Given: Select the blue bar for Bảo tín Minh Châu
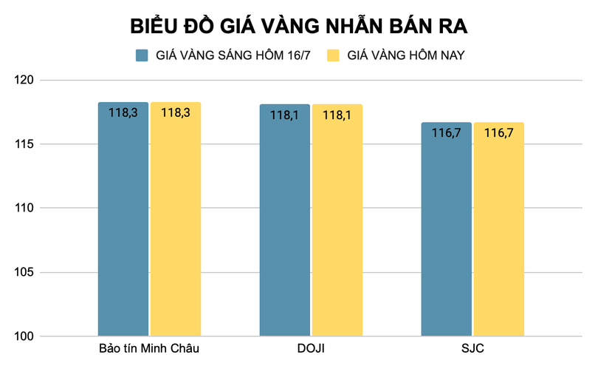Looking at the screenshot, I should pos(123,222).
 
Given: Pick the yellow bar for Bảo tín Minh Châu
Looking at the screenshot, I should pos(176,222).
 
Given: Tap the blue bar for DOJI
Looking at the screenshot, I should pos(285,222).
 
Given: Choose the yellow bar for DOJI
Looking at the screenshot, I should pos(337,222).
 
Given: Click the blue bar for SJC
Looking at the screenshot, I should pos(447,229).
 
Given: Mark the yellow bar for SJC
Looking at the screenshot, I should pos(499,229).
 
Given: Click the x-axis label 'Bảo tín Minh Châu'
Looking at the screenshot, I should pos(149,348).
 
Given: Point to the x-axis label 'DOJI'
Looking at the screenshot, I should pos(311,348).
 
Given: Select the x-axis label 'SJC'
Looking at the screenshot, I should pos(472,348).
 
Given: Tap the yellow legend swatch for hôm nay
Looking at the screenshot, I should pos(333,55).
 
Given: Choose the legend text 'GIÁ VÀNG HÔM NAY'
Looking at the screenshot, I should pos(405,55).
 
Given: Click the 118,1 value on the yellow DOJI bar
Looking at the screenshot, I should pos(337,115).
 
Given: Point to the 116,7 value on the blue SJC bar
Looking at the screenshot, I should pos(447,134).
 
